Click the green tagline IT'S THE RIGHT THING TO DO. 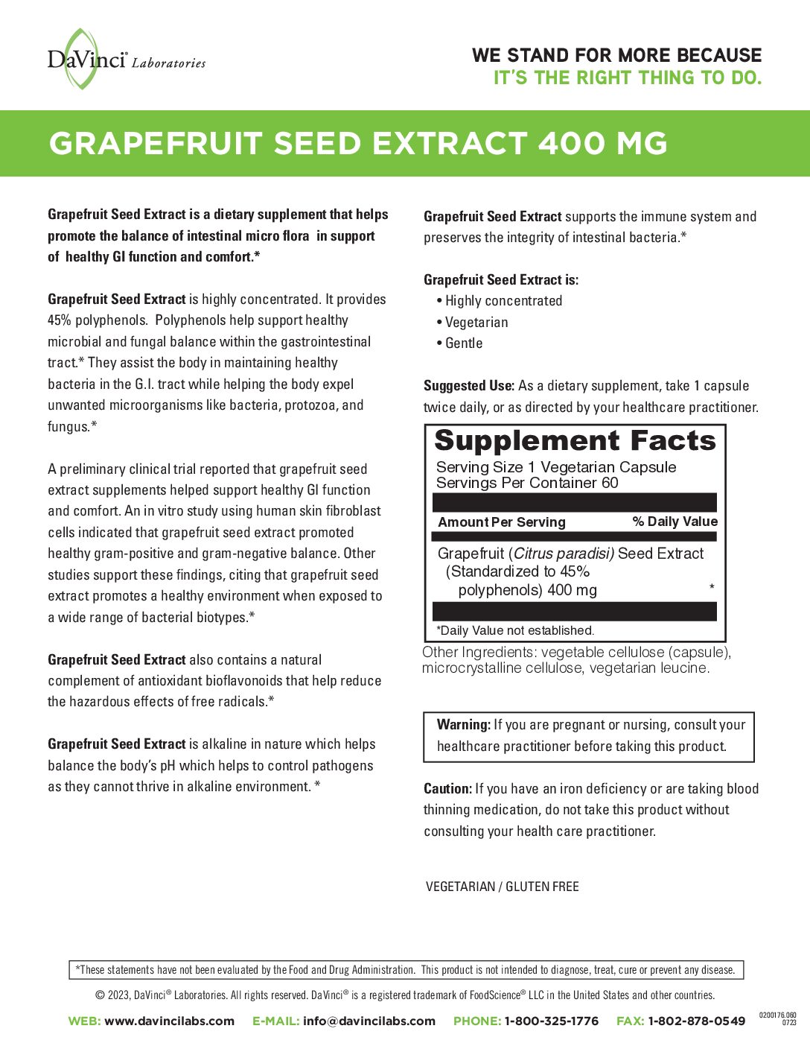click(x=627, y=78)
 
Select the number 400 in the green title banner click(x=570, y=144)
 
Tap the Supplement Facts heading click(x=575, y=441)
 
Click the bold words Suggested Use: click(x=468, y=386)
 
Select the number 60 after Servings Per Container click(x=610, y=483)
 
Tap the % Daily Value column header click(x=675, y=522)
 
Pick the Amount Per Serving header click(x=502, y=522)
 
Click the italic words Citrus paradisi click(x=564, y=554)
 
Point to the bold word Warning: click(x=463, y=725)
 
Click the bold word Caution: click(x=447, y=789)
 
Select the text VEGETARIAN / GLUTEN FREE click(x=502, y=887)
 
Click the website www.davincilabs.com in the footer click(x=169, y=1021)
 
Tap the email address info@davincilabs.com click(x=369, y=1021)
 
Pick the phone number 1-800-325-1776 click(x=551, y=1021)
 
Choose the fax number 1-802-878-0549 click(x=695, y=1021)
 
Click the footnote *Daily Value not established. click(x=514, y=630)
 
